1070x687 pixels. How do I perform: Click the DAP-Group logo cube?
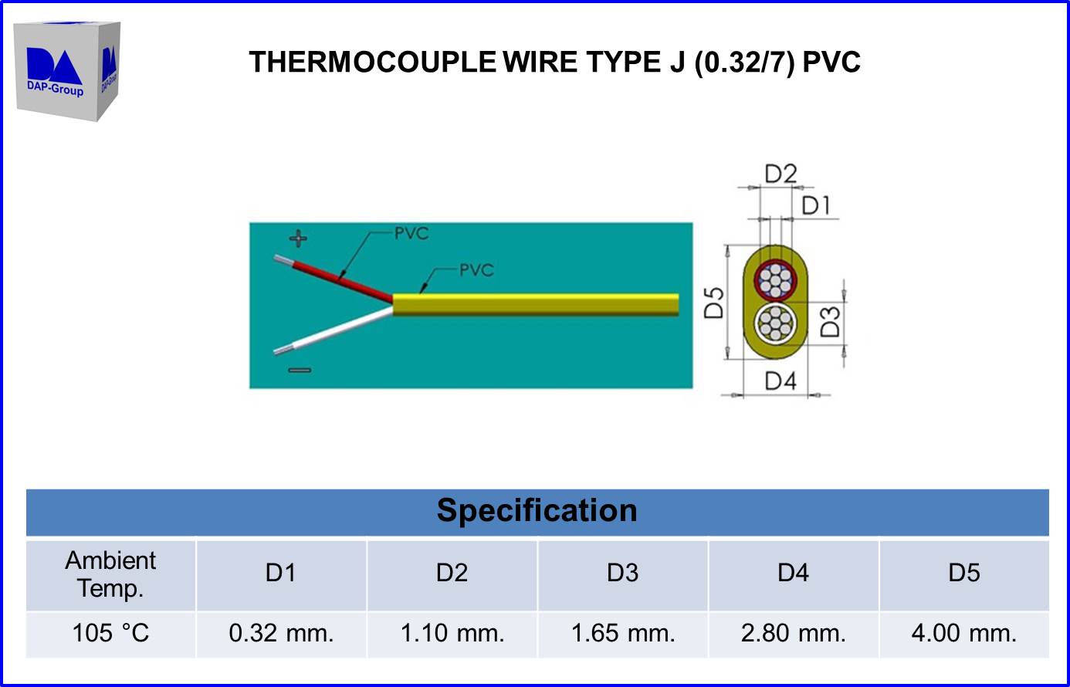67,70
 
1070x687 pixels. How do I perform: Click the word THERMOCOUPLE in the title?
372,63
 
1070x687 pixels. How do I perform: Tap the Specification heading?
537,511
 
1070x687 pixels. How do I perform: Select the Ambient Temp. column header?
110,574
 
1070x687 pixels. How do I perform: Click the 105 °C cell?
110,634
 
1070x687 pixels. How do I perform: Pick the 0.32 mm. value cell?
281,634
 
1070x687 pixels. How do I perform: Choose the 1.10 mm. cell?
452,634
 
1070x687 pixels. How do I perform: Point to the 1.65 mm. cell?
623,634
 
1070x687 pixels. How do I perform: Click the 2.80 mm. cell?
793,634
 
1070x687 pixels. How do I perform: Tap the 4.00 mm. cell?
963,634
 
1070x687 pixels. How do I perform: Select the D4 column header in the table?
793,573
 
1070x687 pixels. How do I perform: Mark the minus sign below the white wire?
300,371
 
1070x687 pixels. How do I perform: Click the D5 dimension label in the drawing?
714,303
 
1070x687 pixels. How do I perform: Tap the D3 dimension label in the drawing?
829,322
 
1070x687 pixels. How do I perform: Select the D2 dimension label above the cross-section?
780,174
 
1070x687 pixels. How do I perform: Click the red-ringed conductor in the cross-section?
774,280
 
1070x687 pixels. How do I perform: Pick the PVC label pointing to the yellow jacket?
476,270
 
